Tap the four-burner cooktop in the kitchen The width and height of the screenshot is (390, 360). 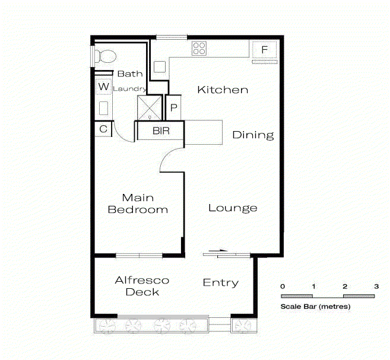coord(199,49)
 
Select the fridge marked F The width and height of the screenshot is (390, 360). coord(264,50)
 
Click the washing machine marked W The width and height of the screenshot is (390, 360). coord(104,87)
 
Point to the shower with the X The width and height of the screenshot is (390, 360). coord(150,108)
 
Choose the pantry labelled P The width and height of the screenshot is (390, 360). coord(173,108)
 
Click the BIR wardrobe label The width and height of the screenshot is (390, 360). coord(161,130)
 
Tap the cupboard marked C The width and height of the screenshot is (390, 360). coord(103,129)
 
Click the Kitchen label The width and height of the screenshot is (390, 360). coord(223,90)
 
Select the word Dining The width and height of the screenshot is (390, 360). coord(253,135)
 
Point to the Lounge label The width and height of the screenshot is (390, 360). coord(233,208)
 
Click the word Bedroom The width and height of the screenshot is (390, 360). coord(138,209)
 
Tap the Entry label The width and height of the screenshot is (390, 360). coord(221,283)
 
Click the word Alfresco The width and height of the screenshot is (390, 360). coord(142,281)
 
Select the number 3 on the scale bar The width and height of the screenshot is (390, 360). coord(376,286)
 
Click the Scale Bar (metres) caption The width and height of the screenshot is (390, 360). coord(315,307)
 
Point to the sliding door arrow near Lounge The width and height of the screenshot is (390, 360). coord(218,251)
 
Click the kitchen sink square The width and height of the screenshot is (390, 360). coord(160,67)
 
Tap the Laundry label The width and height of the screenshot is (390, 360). coord(129,89)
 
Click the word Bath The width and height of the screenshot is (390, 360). coord(130,74)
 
